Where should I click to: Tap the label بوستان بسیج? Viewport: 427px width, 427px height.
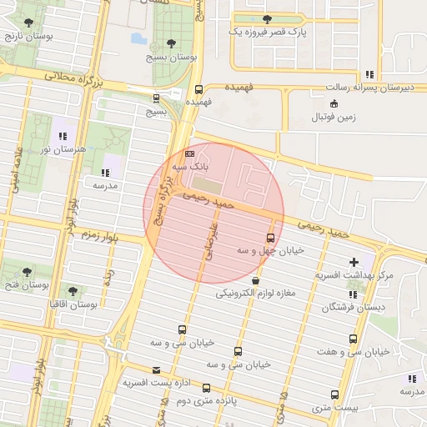171,58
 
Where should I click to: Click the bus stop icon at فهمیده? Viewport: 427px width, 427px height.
198,90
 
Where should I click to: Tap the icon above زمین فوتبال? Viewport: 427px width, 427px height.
334,103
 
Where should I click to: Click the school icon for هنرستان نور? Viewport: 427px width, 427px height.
61,136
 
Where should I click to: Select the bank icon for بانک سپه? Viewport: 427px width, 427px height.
189,154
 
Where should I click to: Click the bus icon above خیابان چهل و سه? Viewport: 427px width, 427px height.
269,238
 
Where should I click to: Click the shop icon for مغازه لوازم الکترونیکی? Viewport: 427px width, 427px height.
254,281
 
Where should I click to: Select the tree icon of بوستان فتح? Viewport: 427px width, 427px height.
27,272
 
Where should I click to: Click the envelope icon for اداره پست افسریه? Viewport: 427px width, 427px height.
155,370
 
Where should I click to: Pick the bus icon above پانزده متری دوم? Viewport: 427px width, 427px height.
207,388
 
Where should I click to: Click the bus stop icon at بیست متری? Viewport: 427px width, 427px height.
334,394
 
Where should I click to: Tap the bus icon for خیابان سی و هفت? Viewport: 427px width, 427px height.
354,339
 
